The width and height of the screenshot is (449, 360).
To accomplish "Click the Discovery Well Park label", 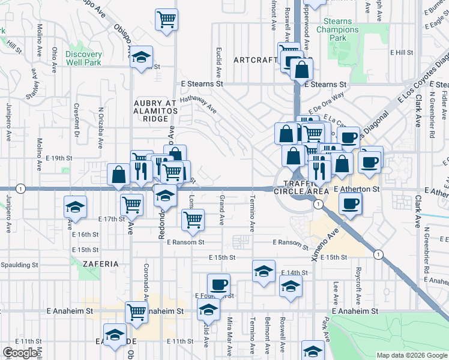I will [84, 58].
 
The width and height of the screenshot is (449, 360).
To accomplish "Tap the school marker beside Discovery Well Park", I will [142, 58].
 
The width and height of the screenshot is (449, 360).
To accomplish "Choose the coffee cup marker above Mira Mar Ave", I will [219, 283].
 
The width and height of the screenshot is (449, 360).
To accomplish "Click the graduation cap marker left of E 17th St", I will [75, 207].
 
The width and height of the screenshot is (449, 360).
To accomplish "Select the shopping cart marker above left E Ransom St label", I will [193, 220].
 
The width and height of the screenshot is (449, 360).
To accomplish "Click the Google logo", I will [20, 353].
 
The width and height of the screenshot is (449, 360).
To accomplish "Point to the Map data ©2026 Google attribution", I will [411, 355].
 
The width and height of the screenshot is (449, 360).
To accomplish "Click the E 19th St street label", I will [58, 158].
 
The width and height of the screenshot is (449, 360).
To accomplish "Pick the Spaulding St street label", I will [19, 264].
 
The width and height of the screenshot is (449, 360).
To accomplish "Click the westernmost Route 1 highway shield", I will [21, 188].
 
